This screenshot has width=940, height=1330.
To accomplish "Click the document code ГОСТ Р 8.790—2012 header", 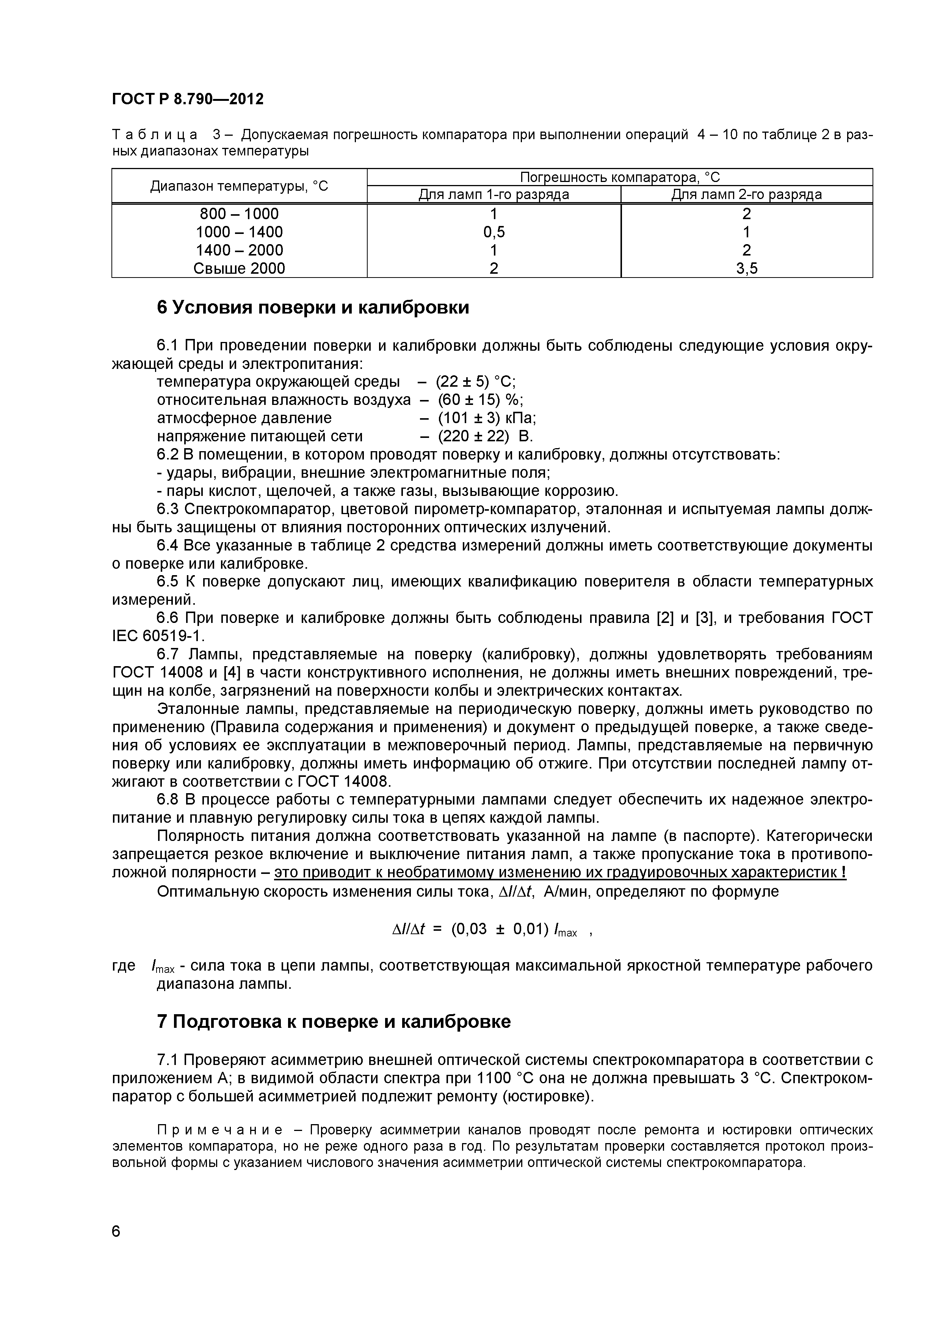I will coord(188,99).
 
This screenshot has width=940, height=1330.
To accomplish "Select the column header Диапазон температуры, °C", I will coord(239,186).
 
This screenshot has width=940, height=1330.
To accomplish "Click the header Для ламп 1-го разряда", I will coord(493,194).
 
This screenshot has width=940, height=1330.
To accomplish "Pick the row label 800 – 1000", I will coord(239,214).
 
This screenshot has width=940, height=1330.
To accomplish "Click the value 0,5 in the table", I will coord(493,232).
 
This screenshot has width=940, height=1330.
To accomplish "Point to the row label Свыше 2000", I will coord(239,268).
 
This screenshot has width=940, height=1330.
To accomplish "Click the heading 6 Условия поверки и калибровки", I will coord(313,307).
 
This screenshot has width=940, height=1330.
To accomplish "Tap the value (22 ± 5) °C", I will coord(476,382).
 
